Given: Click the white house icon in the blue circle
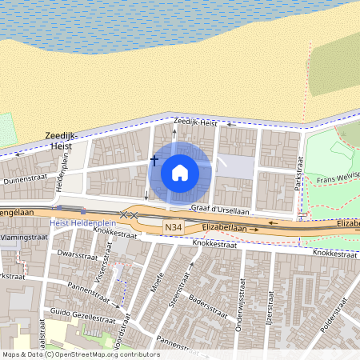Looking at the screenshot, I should click(180, 172).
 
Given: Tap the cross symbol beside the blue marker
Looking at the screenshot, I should click(154, 160).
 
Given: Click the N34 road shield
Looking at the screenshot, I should click(173, 229).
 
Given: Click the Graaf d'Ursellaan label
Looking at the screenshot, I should click(220, 209).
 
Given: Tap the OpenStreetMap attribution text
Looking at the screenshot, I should click(81, 354).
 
